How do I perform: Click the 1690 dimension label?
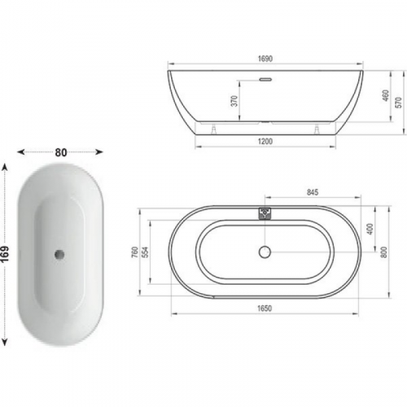pyautogui.click(x=265, y=59)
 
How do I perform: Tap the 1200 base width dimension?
pyautogui.click(x=265, y=142)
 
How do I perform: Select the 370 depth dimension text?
pyautogui.click(x=234, y=101)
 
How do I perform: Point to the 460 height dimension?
pyautogui.click(x=386, y=95)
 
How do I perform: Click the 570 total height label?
pyautogui.click(x=399, y=103)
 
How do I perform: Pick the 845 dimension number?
pyautogui.click(x=313, y=192)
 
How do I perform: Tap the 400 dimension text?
pyautogui.click(x=370, y=229)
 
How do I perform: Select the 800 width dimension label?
pyautogui.click(x=383, y=252)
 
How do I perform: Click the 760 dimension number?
pyautogui.click(x=135, y=252)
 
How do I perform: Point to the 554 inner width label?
pyautogui.click(x=146, y=252)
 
